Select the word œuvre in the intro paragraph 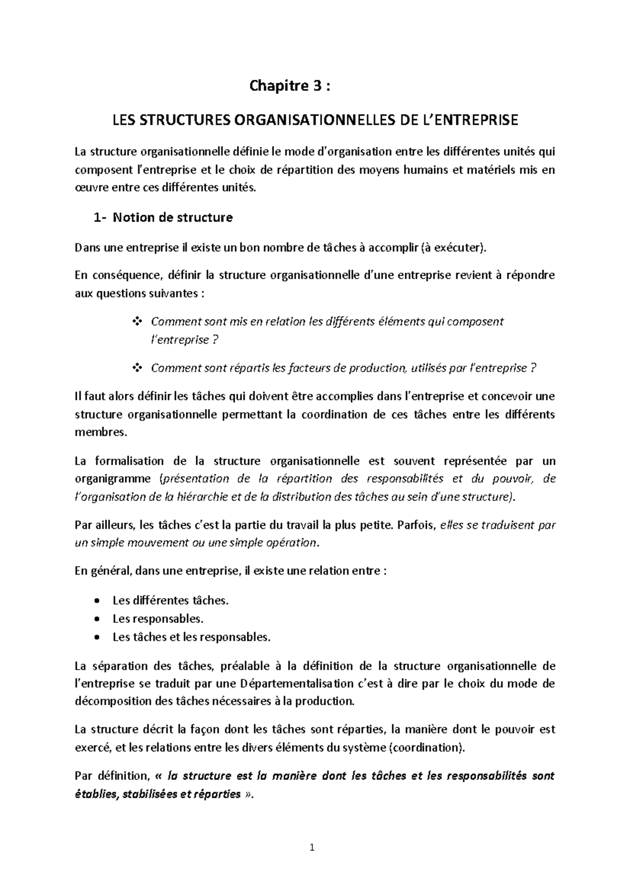pos(90,187)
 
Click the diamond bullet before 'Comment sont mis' pos(139,321)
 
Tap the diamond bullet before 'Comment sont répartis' pos(139,368)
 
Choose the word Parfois pos(417,525)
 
